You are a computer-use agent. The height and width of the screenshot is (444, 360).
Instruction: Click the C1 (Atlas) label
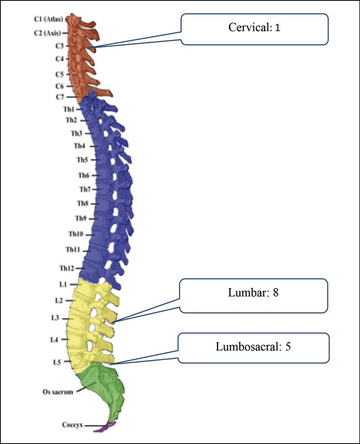[48, 19]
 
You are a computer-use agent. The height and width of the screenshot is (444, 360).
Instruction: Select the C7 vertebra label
[59, 97]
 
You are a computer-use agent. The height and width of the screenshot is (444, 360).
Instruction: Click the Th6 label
[84, 175]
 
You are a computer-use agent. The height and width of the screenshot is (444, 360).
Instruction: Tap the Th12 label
[67, 268]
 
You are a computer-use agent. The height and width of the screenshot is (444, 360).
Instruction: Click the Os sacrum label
[58, 393]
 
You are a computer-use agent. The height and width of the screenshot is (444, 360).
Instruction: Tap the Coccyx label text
[72, 425]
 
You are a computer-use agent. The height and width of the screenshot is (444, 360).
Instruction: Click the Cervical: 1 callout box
[255, 29]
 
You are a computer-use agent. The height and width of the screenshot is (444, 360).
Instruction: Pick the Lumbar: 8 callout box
[254, 295]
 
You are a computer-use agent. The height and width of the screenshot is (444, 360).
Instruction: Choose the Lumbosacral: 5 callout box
[253, 347]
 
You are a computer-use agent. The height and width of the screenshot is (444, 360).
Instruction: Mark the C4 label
[59, 59]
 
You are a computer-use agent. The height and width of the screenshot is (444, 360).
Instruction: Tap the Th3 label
[77, 133]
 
